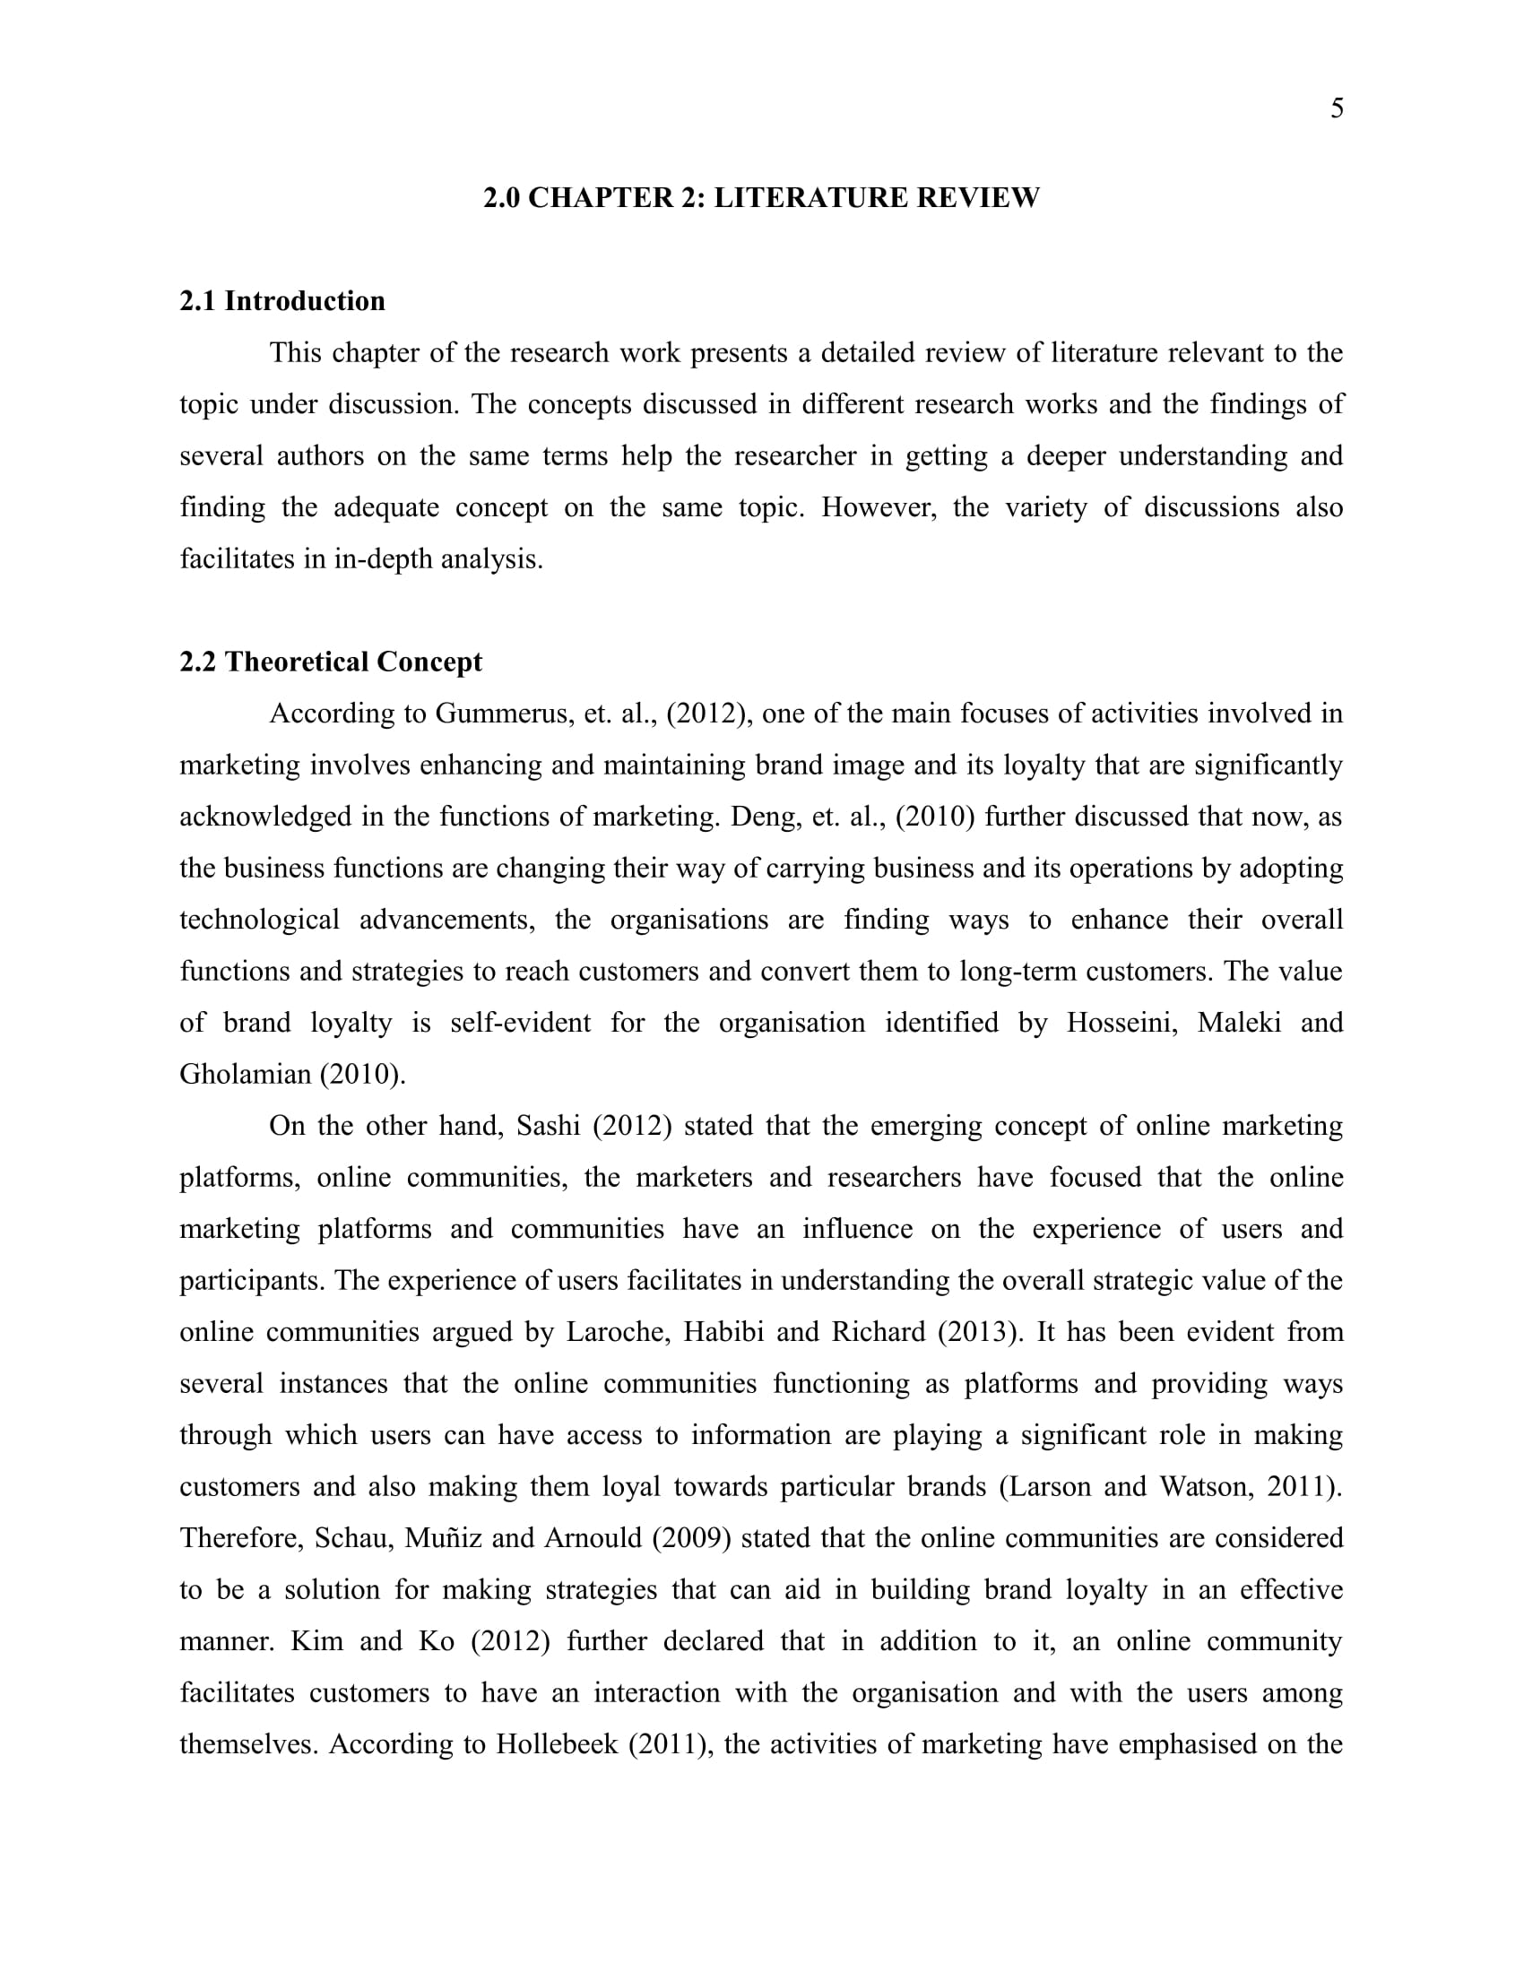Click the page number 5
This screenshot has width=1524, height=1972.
click(x=1337, y=108)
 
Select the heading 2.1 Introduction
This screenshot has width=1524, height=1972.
click(x=281, y=300)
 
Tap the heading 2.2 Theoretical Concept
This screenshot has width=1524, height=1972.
click(x=331, y=662)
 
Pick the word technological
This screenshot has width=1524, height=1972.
click(x=259, y=920)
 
